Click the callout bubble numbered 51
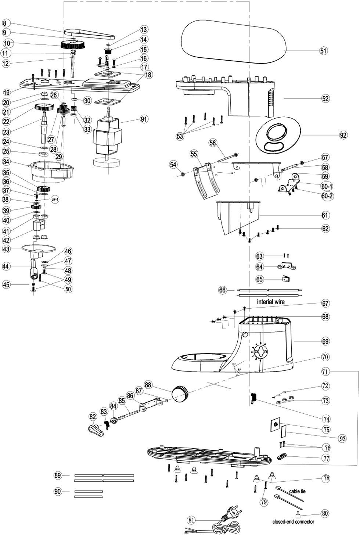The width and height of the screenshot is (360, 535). click(x=323, y=51)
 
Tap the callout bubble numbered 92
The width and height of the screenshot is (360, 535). click(x=343, y=135)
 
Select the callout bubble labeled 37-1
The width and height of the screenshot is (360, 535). click(x=55, y=199)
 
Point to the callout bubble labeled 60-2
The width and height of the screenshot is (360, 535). click(x=327, y=196)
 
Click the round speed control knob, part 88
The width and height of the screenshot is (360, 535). click(x=180, y=393)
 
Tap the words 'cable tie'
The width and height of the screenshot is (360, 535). click(x=297, y=491)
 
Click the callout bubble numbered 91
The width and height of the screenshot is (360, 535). click(x=144, y=119)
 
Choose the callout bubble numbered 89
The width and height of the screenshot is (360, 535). click(x=57, y=476)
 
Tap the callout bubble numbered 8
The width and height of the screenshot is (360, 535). click(x=8, y=23)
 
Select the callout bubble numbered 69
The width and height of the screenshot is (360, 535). click(x=325, y=341)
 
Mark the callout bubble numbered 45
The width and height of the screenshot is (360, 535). click(x=7, y=284)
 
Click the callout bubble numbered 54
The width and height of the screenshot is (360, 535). click(x=173, y=165)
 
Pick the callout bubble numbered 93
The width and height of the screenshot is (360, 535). click(x=342, y=438)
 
